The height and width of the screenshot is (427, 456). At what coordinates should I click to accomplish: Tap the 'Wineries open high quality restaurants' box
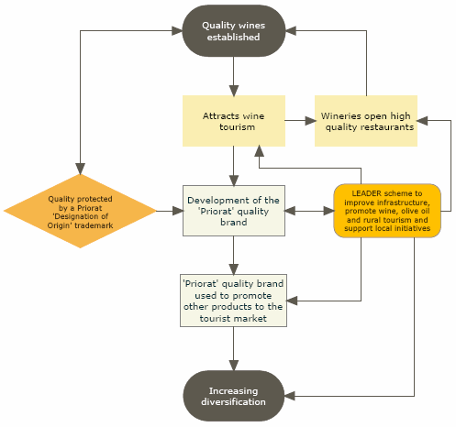coord(366,121)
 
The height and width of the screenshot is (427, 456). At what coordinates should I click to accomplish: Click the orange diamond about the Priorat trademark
coord(81,212)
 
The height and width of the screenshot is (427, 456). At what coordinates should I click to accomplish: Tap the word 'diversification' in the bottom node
coord(233,402)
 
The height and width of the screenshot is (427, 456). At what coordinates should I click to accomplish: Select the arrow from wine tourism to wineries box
coord(297,121)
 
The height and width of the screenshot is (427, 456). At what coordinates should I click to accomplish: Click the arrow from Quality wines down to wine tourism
coord(233,77)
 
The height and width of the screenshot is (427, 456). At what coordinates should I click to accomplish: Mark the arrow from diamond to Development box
coord(169,212)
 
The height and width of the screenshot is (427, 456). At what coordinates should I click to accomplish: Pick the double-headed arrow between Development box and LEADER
coord(308,212)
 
